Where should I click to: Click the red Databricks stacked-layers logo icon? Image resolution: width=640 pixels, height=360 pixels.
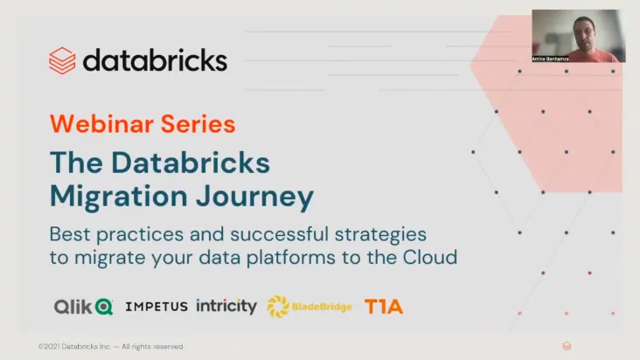click(62, 61)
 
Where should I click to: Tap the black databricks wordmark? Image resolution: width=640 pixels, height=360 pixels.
click(155, 60)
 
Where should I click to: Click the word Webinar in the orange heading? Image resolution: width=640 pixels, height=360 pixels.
click(102, 123)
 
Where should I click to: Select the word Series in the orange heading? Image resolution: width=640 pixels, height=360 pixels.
click(198, 123)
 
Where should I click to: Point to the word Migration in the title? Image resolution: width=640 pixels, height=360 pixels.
click(118, 196)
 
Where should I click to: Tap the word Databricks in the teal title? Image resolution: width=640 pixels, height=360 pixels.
click(191, 163)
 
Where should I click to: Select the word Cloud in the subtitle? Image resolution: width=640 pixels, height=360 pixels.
click(430, 257)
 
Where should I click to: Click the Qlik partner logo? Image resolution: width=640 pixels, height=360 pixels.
click(84, 307)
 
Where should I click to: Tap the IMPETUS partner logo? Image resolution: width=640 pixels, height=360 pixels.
click(157, 307)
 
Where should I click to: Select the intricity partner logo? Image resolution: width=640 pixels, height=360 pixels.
click(226, 306)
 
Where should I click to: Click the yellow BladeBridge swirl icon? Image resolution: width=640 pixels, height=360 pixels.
click(278, 307)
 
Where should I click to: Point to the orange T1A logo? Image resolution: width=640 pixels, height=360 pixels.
click(384, 307)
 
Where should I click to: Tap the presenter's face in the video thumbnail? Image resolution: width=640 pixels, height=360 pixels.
click(583, 31)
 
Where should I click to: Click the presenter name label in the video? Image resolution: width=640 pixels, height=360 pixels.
click(550, 59)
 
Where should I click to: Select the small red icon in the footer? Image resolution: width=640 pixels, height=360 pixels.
click(567, 346)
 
